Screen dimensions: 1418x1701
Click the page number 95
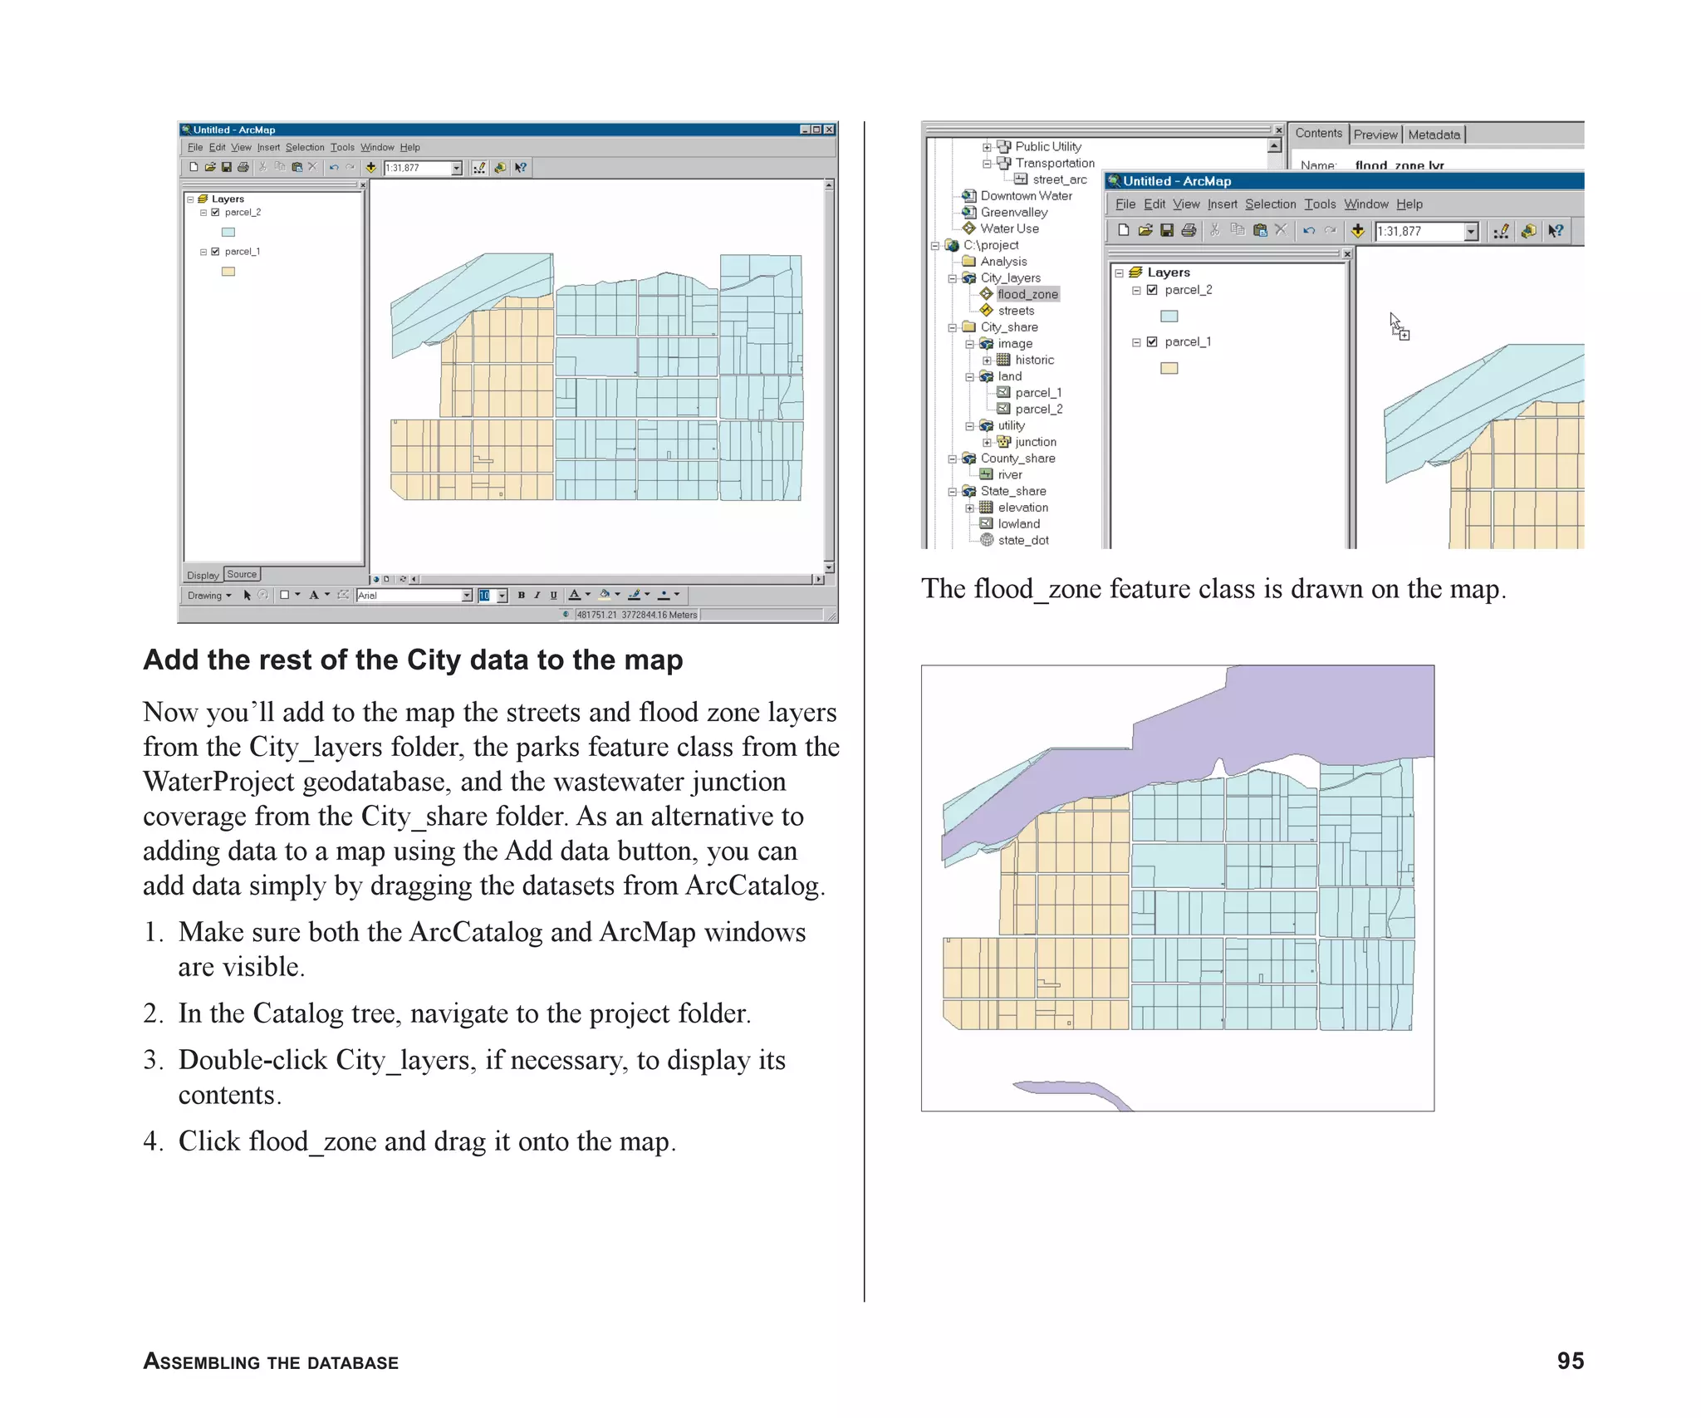point(1570,1361)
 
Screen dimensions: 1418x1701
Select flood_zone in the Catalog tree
point(1027,294)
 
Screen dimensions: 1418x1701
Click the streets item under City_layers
point(1016,311)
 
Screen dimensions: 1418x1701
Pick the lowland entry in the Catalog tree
point(1018,524)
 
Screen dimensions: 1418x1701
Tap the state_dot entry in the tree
point(1022,541)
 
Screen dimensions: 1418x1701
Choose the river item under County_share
point(1009,475)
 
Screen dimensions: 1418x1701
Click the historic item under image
point(1034,360)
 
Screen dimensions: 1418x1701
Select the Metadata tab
point(1434,135)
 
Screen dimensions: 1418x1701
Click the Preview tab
point(1375,135)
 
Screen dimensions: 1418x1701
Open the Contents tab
point(1318,134)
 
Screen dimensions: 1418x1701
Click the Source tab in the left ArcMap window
point(242,574)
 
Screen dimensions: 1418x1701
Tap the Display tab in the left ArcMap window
point(203,575)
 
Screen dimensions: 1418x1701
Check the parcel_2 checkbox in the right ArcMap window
point(1152,290)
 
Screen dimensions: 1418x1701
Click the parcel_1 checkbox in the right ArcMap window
point(1152,341)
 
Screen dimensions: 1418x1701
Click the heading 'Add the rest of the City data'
point(413,660)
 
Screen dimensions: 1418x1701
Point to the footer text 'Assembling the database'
point(271,1362)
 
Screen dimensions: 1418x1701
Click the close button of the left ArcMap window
point(829,130)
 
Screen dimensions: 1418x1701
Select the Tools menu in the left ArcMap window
point(342,148)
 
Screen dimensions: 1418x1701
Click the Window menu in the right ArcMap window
point(1365,204)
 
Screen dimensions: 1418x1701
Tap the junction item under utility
point(1035,442)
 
